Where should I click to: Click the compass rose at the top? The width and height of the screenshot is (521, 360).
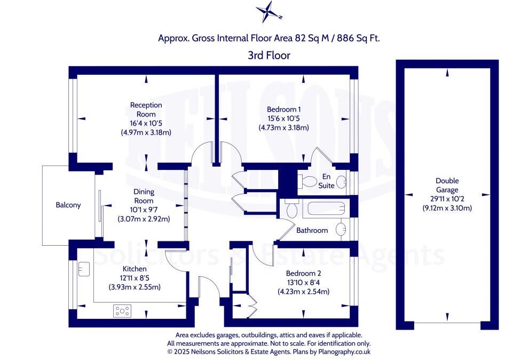click(268, 11)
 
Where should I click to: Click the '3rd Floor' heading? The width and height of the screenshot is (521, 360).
click(269, 54)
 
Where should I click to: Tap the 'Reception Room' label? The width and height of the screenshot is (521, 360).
click(146, 109)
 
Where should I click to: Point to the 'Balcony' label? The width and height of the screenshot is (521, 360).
click(68, 205)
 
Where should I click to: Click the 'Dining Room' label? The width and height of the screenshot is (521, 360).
click(144, 196)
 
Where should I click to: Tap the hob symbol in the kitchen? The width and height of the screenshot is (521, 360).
click(122, 310)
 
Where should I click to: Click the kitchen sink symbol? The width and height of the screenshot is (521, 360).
click(84, 268)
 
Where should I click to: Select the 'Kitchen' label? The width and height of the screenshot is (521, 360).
click(135, 269)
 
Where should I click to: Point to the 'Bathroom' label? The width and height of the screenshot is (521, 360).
click(312, 230)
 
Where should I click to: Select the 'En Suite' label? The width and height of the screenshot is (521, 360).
click(327, 182)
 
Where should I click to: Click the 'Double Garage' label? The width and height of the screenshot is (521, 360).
click(447, 185)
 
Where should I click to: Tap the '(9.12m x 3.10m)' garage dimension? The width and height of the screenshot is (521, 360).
click(447, 208)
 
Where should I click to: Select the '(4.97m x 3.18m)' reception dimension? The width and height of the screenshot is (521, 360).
click(146, 132)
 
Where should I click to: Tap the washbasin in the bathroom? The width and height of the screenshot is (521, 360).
click(341, 230)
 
